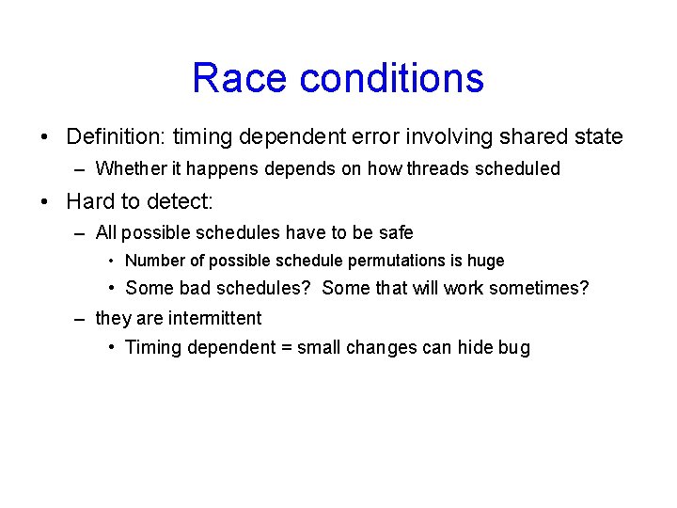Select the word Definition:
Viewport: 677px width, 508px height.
(x=114, y=137)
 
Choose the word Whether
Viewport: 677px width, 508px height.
(x=129, y=169)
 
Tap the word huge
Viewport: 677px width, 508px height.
(x=486, y=262)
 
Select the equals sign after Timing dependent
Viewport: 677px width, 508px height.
(x=285, y=348)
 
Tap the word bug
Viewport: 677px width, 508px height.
(x=514, y=348)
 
